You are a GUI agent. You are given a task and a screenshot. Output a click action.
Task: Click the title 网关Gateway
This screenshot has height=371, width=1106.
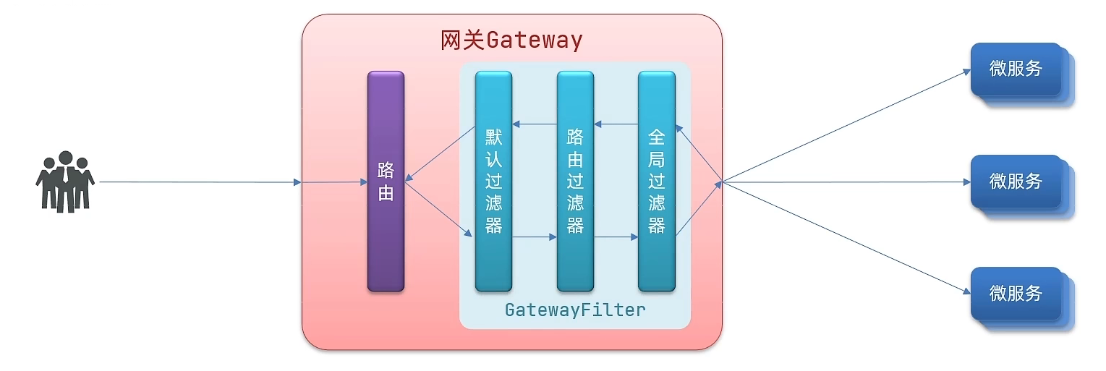click(x=511, y=40)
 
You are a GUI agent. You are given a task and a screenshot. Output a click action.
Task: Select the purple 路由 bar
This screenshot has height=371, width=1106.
click(x=386, y=182)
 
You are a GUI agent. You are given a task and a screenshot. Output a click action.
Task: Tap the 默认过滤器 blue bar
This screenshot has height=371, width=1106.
click(x=493, y=182)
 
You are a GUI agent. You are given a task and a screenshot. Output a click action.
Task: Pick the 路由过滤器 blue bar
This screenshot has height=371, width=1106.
click(x=575, y=182)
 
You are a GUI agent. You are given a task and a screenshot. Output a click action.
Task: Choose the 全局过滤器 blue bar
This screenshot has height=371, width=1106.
click(x=657, y=182)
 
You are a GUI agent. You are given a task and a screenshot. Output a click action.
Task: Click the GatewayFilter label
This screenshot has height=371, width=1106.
click(x=575, y=310)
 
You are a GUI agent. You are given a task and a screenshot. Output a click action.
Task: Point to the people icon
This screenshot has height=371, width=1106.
click(x=64, y=182)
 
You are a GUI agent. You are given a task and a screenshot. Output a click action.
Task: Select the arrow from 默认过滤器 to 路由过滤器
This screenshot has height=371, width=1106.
click(x=535, y=236)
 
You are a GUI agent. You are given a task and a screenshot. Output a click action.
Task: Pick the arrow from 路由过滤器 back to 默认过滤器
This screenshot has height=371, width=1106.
click(x=535, y=124)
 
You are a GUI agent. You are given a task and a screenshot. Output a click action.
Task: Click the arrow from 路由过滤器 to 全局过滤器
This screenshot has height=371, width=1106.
click(x=616, y=236)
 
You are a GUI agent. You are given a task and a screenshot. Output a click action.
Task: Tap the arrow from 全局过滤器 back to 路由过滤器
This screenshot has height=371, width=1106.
click(x=616, y=124)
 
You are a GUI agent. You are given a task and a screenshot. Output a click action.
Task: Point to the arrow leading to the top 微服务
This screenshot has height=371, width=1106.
click(x=846, y=126)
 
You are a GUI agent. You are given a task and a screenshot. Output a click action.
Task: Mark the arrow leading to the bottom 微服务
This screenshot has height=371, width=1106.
click(x=846, y=238)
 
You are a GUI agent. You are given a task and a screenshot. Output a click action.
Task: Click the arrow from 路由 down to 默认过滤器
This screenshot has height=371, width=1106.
click(x=438, y=209)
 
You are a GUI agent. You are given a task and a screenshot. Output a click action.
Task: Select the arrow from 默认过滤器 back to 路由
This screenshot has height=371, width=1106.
click(x=440, y=153)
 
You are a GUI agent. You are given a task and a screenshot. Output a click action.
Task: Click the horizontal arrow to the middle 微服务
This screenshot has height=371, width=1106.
click(x=846, y=182)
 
